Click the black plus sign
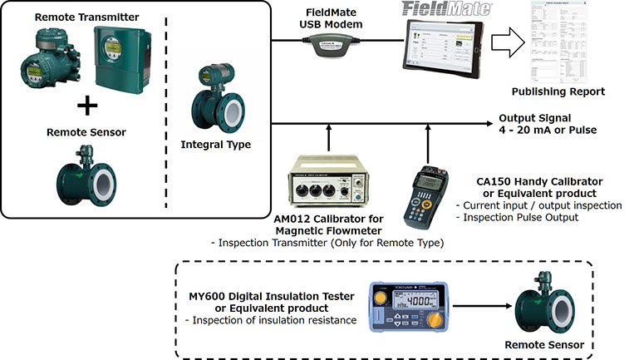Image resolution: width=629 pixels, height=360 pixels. click(86, 106)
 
